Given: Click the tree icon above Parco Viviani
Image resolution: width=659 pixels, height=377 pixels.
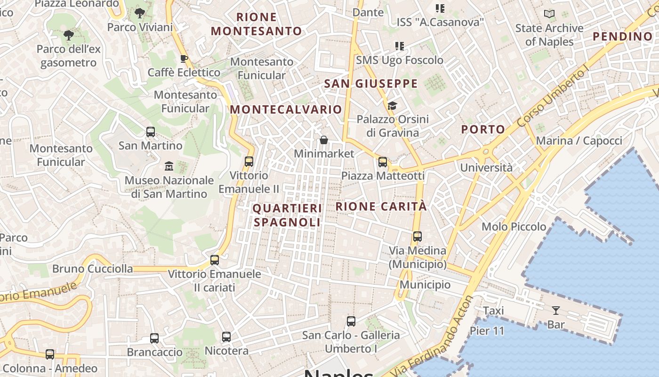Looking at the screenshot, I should [x=139, y=13].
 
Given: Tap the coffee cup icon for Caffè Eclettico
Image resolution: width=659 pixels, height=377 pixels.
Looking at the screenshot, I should [x=184, y=59].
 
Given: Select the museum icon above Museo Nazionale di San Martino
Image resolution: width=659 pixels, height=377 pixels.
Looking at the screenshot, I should [x=169, y=166].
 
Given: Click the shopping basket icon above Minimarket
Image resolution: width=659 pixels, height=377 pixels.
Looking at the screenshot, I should [x=324, y=140].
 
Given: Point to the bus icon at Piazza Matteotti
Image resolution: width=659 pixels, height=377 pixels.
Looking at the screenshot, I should [x=383, y=162].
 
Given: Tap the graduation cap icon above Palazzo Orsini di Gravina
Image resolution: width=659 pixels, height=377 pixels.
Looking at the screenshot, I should [x=393, y=106].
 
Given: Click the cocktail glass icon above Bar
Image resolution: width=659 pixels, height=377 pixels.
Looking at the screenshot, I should [x=556, y=311].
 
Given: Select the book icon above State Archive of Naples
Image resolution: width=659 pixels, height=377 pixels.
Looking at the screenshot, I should [x=549, y=14].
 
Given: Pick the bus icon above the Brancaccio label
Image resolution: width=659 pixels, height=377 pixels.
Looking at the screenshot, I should [x=154, y=338].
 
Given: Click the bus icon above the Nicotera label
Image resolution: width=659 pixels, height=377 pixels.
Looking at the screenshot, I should [x=226, y=337].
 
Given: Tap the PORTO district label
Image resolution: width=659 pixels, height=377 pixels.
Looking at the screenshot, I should [x=483, y=129].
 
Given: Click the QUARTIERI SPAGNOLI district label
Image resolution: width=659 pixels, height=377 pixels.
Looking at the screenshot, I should [x=287, y=215].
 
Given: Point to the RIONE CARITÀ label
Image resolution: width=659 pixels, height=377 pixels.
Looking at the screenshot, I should [x=381, y=206].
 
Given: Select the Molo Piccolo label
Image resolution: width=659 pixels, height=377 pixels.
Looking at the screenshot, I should [x=514, y=227].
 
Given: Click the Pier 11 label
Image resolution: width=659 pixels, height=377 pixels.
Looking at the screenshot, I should [x=487, y=331].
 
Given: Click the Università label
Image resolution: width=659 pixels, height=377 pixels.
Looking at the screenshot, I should [x=486, y=168].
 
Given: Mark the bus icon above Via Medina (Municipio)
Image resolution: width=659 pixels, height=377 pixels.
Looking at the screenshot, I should [x=418, y=237].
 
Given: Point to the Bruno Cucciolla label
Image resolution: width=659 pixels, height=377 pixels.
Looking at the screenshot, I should [x=92, y=269].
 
